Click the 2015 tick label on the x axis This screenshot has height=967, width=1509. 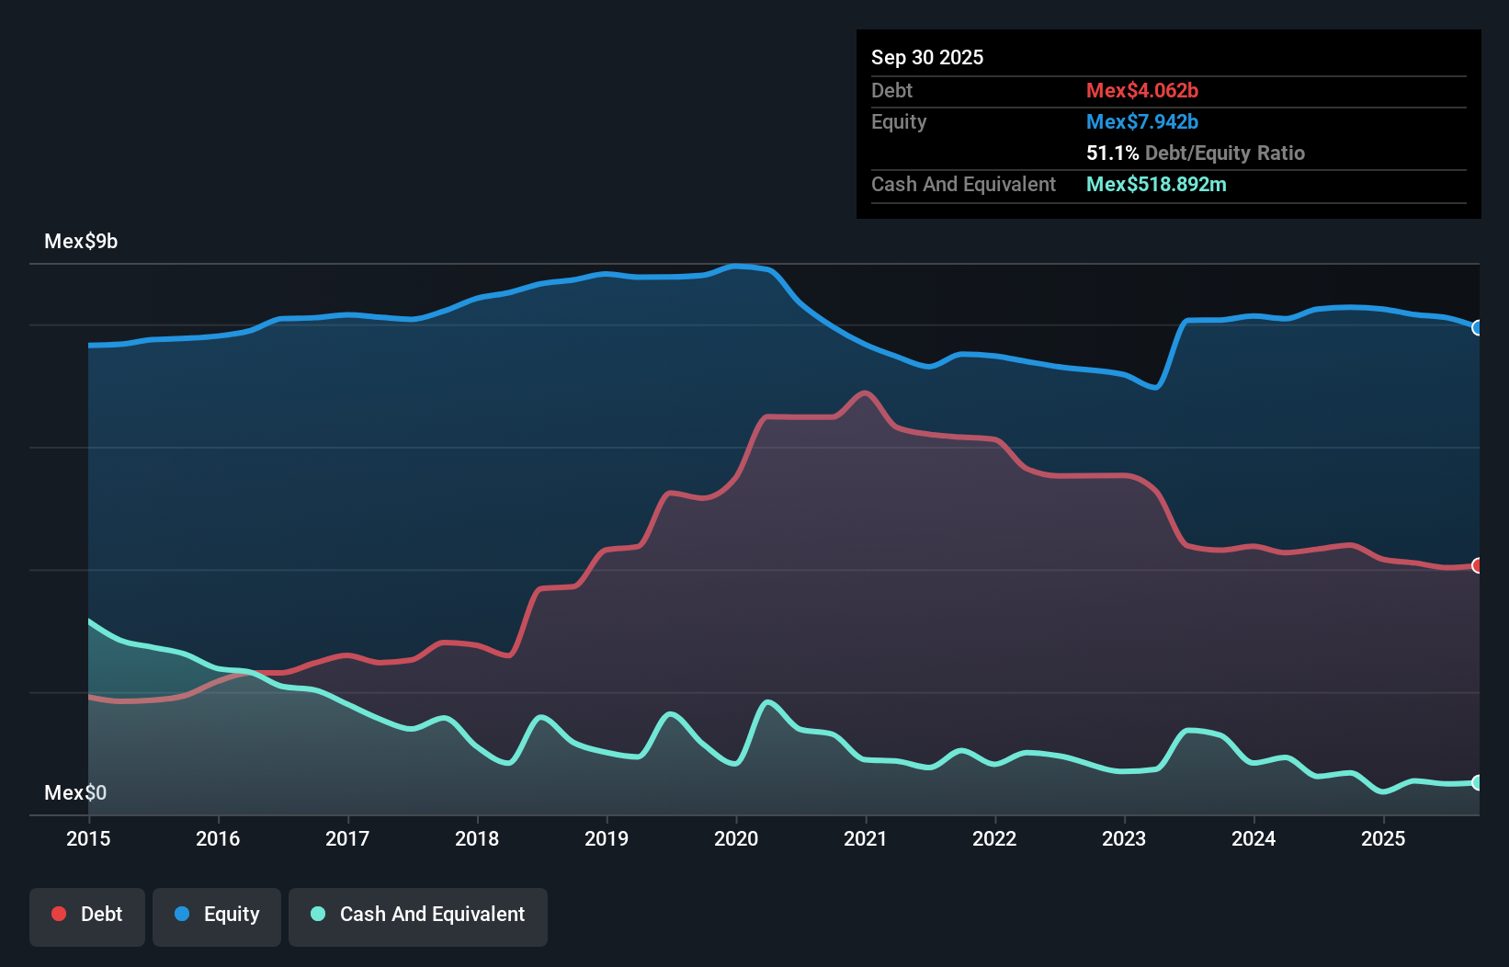[x=88, y=838]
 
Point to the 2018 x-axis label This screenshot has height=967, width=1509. [x=477, y=838]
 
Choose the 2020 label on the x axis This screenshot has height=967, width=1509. [x=736, y=838]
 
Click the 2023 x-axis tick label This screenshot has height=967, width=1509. [x=1124, y=838]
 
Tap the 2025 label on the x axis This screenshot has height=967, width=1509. [x=1383, y=838]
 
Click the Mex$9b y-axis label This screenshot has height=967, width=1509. [x=81, y=242]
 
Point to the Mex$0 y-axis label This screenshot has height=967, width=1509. [x=75, y=792]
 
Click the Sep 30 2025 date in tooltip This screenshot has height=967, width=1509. [x=927, y=58]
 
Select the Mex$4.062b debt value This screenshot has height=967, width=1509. [x=1142, y=91]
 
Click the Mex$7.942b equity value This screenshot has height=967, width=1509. [x=1142, y=122]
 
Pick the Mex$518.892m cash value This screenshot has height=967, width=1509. [x=1156, y=185]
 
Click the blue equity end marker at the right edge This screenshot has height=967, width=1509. [x=1477, y=328]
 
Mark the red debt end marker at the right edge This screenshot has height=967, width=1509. [x=1477, y=565]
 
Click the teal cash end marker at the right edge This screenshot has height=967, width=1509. [x=1477, y=783]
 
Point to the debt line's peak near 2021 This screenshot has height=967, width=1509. [x=865, y=393]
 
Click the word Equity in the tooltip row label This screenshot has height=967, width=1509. [x=899, y=122]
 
